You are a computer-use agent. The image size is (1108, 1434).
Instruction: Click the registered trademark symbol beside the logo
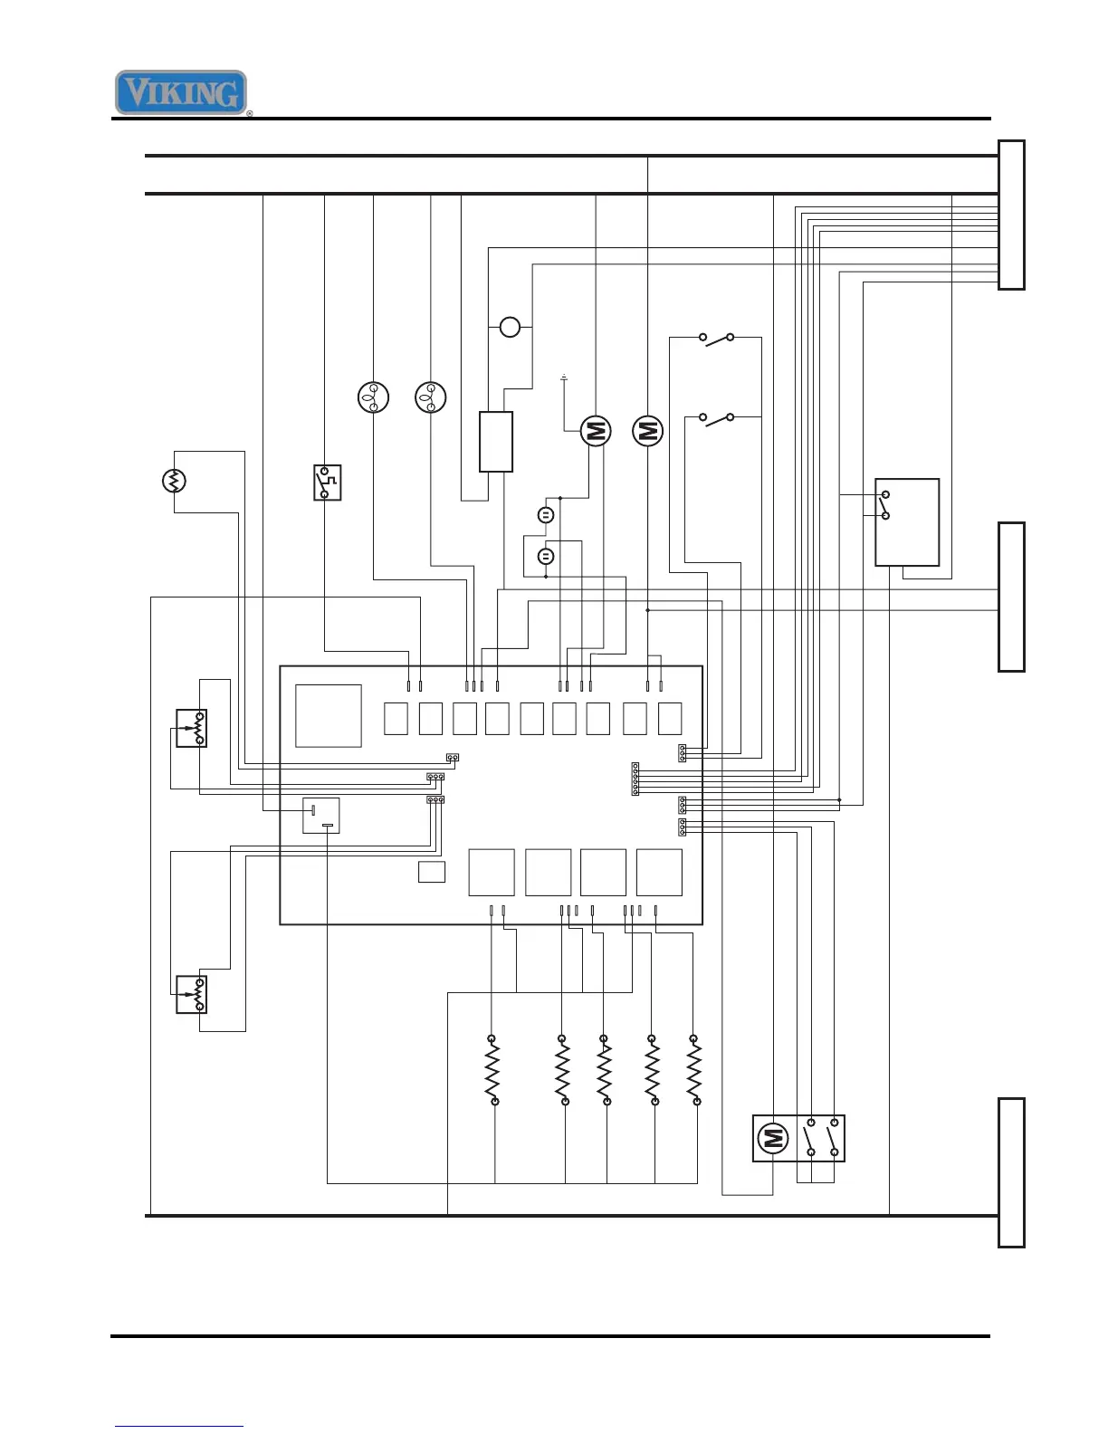click(250, 114)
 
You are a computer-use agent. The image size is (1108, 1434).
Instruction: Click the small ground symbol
click(564, 377)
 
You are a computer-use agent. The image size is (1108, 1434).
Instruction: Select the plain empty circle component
click(511, 327)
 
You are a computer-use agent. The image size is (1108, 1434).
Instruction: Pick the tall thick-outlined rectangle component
click(495, 442)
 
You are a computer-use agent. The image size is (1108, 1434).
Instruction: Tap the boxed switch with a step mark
click(327, 483)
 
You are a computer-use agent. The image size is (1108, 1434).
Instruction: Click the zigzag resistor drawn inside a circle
click(174, 481)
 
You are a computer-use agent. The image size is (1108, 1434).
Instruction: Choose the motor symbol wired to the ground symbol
click(595, 431)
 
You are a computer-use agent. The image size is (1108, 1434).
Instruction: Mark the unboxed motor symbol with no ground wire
click(647, 431)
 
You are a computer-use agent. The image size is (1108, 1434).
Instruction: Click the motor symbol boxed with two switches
click(771, 1138)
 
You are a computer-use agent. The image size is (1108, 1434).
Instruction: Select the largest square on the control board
click(329, 715)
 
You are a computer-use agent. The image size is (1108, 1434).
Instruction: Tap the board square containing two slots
click(320, 815)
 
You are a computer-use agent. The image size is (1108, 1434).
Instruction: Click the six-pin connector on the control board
click(635, 779)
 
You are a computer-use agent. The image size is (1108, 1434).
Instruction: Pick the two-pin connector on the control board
click(453, 757)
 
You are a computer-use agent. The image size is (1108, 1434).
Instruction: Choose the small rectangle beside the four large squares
click(432, 873)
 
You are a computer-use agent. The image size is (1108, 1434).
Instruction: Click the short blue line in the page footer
click(179, 1426)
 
